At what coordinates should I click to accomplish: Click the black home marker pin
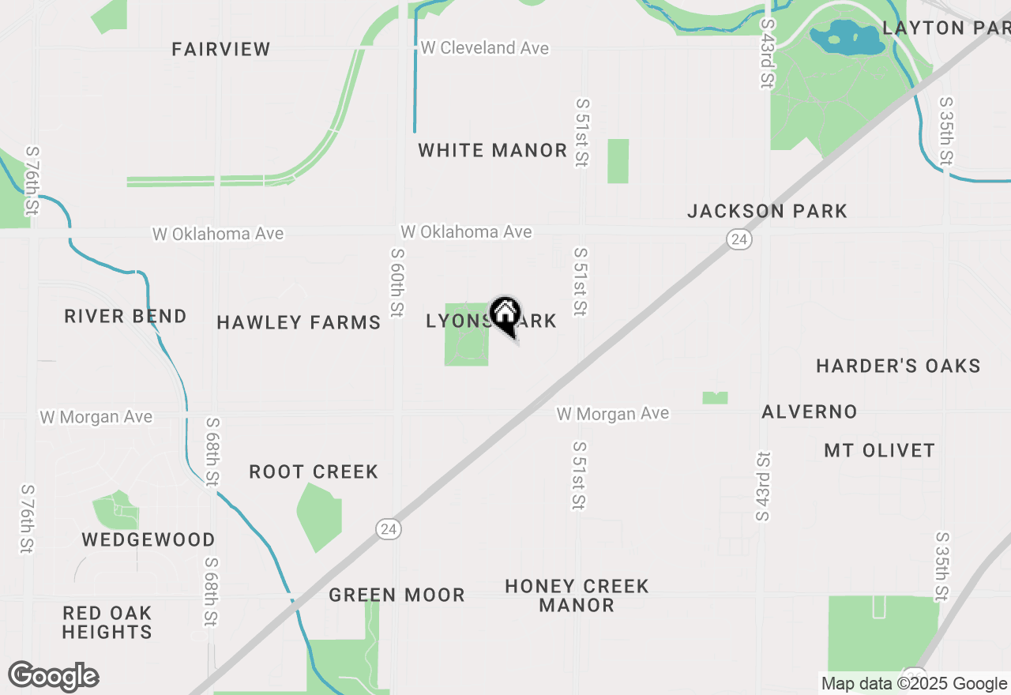coord(505,316)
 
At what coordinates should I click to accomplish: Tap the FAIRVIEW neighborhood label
coord(221,49)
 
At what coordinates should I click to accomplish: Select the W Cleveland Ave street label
coord(484,48)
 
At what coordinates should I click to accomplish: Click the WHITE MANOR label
coord(493,150)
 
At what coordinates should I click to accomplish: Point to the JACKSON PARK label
coord(767,211)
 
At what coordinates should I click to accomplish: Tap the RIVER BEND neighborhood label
coord(126,316)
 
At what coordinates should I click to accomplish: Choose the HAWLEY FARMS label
coord(299,322)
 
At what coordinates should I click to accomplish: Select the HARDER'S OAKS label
coord(898,366)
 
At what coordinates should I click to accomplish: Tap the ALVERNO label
coord(810,411)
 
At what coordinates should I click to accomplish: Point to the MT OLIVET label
coord(879,450)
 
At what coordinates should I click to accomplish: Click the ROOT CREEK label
coord(314,471)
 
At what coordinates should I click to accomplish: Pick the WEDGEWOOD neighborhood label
coord(148,539)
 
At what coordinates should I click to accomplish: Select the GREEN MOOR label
coord(397,595)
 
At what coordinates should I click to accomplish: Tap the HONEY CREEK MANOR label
coord(577,595)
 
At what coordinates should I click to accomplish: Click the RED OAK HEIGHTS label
coord(107,622)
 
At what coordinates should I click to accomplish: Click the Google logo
coord(54,676)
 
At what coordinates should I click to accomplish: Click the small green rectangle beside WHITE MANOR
coord(618,161)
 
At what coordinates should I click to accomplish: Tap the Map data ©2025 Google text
coord(914,684)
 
